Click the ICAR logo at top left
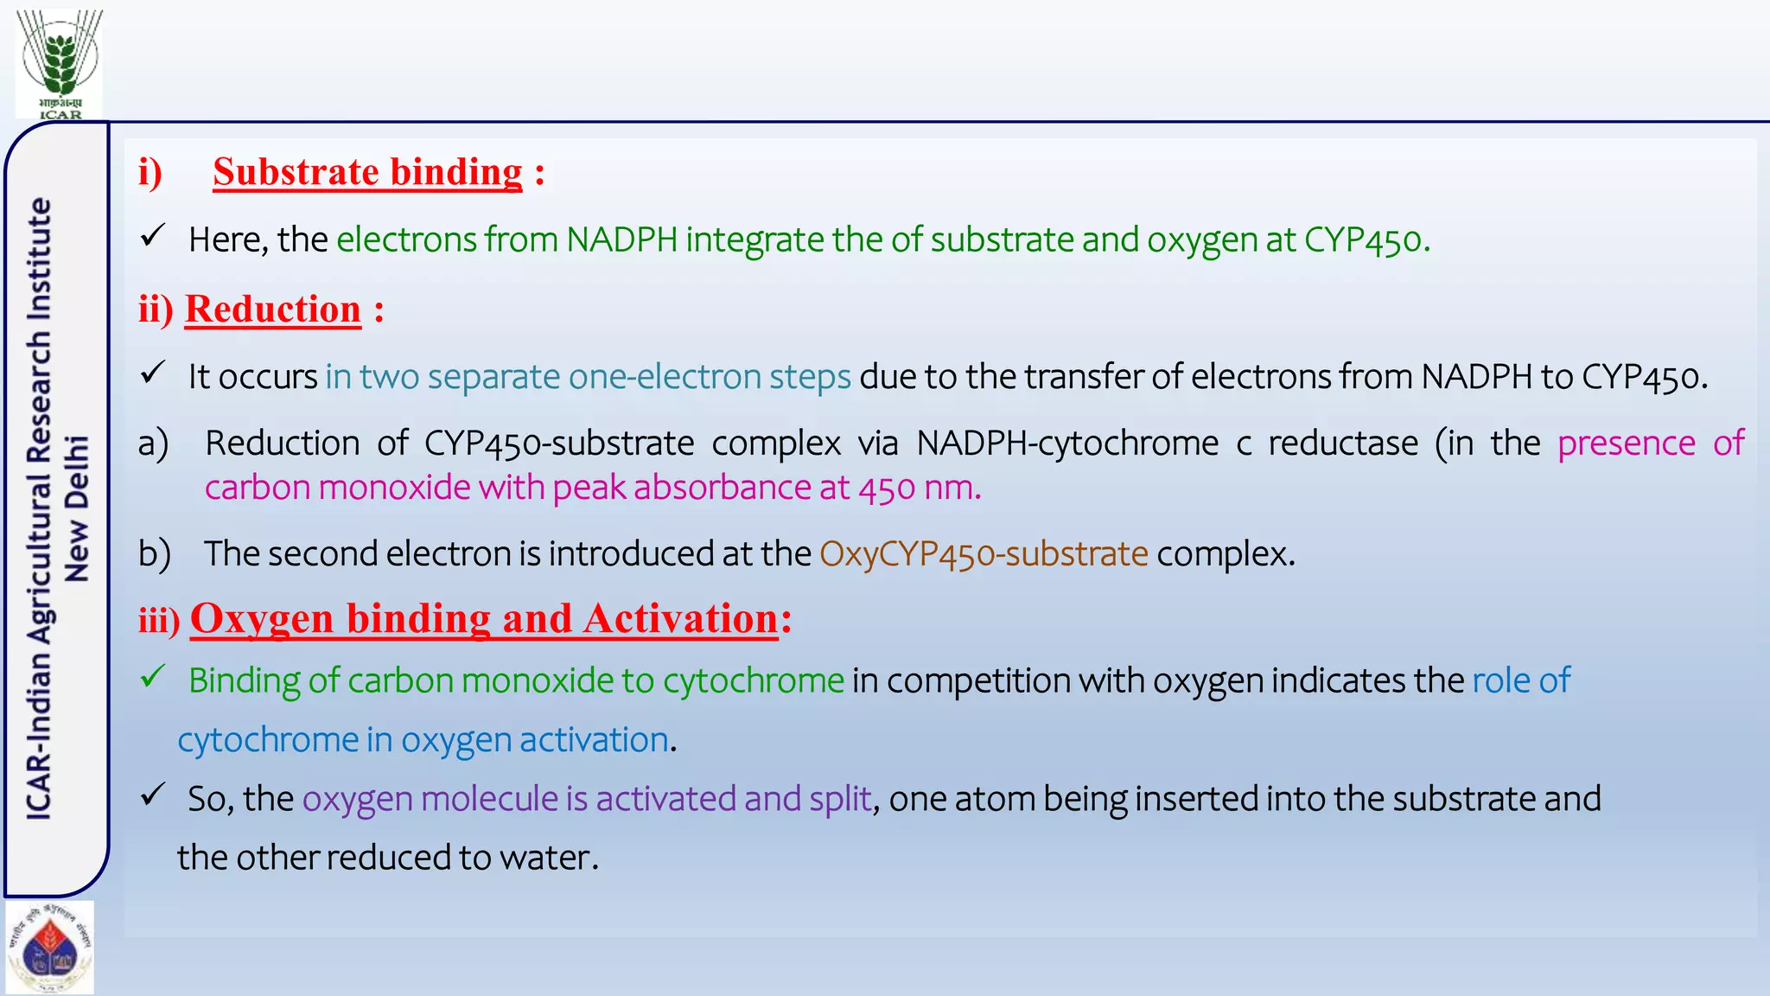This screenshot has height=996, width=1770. coord(60,62)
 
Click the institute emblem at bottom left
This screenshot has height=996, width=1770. coord(49,948)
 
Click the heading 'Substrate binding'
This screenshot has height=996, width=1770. coord(367,172)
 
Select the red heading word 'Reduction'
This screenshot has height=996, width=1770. coord(272,310)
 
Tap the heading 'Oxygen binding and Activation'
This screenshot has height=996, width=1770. coord(484,619)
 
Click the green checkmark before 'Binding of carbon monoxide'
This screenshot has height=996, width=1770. coord(153,677)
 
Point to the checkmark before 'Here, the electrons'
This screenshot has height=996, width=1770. coord(153,235)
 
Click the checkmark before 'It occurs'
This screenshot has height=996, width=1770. coord(153,373)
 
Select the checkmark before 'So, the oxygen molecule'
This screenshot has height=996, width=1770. coord(153,795)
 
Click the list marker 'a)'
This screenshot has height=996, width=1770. coord(154,444)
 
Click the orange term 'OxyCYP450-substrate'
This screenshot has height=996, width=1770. coord(984,554)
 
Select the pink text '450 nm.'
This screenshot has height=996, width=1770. coord(920,488)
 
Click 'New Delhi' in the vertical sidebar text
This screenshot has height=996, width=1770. coord(78,508)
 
